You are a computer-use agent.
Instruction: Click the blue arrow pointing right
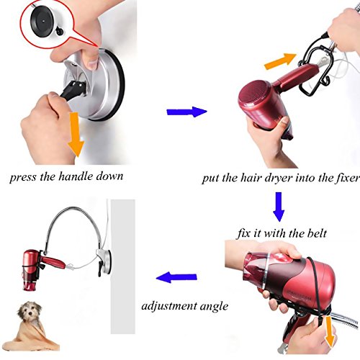[x=186, y=112]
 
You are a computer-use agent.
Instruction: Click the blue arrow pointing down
[x=279, y=207]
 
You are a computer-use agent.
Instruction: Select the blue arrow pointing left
[x=176, y=277]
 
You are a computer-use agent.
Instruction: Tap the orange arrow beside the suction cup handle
[x=76, y=135]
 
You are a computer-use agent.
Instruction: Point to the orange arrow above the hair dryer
[x=280, y=61]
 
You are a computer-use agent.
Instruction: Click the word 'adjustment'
[x=168, y=307]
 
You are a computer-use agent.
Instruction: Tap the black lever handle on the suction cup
[x=72, y=89]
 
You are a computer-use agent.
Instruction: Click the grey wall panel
[x=123, y=266]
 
